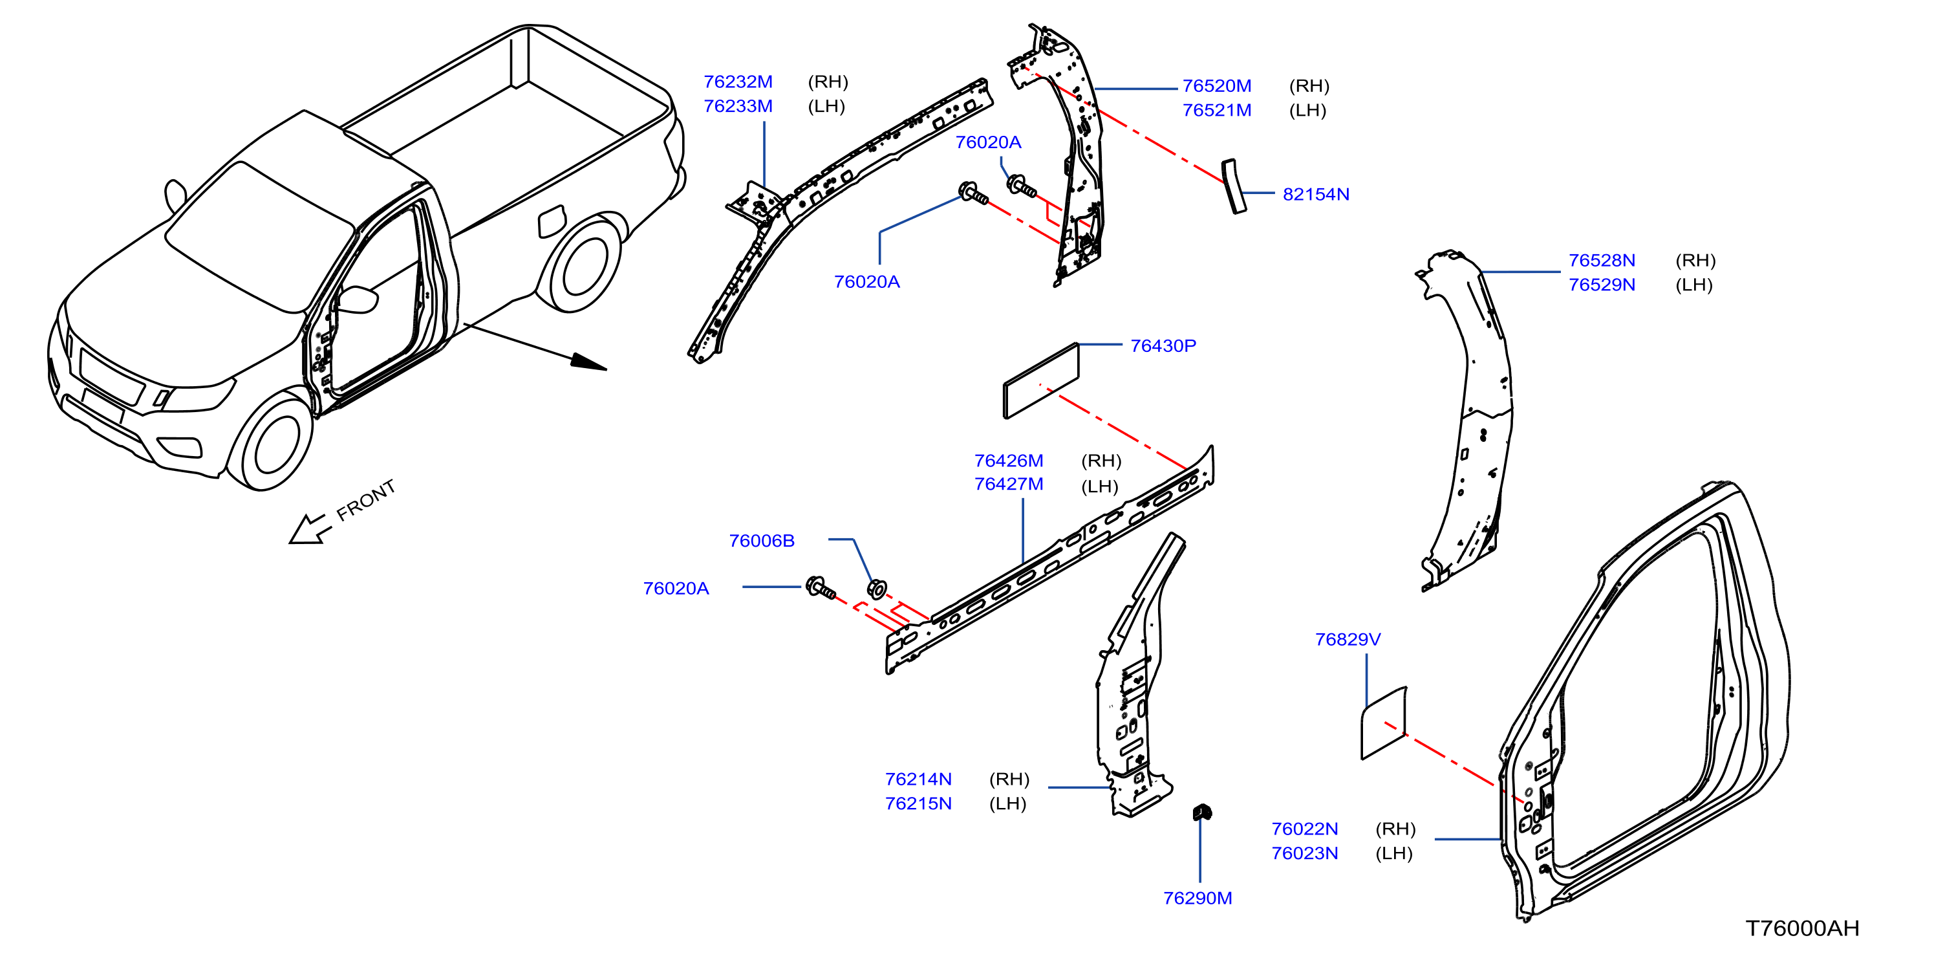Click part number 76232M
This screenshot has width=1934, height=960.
tap(737, 82)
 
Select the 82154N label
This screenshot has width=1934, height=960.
tap(1315, 195)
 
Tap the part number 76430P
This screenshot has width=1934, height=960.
tap(1163, 346)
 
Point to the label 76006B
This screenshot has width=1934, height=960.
tap(761, 541)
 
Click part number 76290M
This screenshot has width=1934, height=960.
tap(1198, 899)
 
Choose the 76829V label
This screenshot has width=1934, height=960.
tap(1348, 639)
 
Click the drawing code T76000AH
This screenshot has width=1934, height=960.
tap(1802, 928)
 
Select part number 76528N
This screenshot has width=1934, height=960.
tap(1602, 261)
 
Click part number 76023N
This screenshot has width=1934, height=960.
tap(1304, 853)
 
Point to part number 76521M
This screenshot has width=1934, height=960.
tap(1216, 111)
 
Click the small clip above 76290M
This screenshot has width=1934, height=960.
tap(1202, 812)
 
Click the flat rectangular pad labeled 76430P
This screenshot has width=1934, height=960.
tap(1040, 380)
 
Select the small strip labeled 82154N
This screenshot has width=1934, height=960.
tap(1234, 186)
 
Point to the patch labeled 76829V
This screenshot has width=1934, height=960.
tap(1384, 723)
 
